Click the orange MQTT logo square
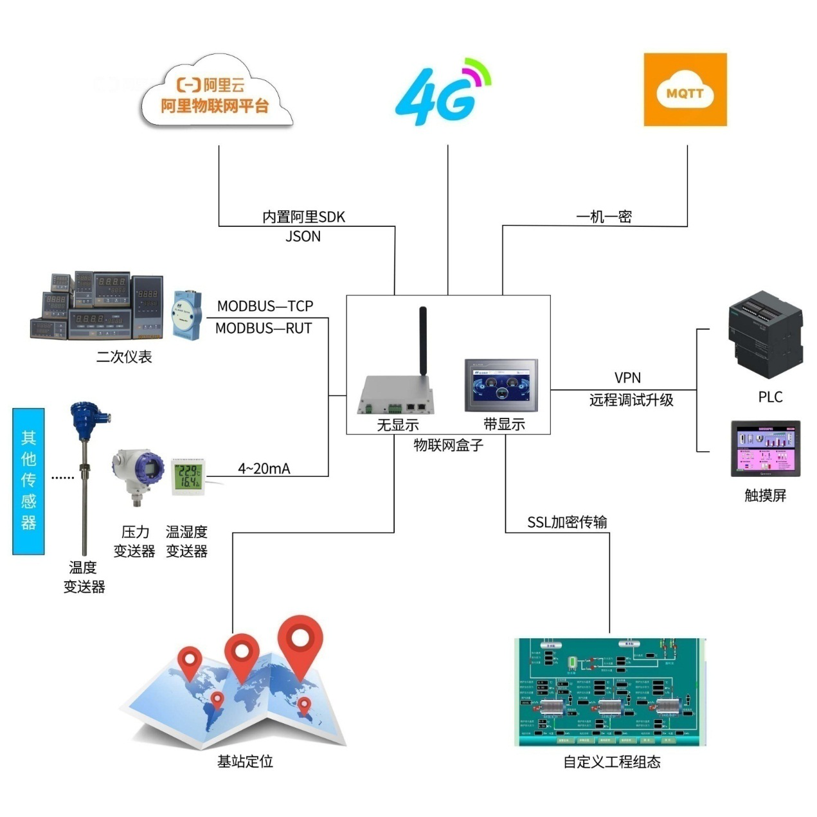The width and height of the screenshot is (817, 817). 685,90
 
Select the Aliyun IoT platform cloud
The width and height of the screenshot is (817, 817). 216,95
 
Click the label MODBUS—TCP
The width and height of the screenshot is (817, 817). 265,306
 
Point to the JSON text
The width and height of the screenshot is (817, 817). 303,237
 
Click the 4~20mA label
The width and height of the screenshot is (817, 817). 264,469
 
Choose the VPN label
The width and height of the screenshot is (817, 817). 627,378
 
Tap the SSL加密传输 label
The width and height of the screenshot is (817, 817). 567,522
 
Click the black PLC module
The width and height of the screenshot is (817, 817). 765,334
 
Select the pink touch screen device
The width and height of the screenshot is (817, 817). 766,449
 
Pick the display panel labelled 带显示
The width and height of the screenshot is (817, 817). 501,386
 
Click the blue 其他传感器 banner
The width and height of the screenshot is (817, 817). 29,481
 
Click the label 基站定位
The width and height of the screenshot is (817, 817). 245,762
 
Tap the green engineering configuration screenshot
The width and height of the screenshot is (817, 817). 611,692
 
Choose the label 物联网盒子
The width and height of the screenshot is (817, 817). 448,445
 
